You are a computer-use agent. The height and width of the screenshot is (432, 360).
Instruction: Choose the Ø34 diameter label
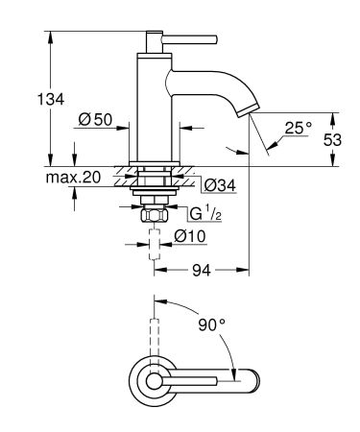213,182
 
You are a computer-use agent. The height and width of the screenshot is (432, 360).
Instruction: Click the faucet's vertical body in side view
153,106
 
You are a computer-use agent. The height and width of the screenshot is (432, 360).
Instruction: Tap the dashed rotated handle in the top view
153,326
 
